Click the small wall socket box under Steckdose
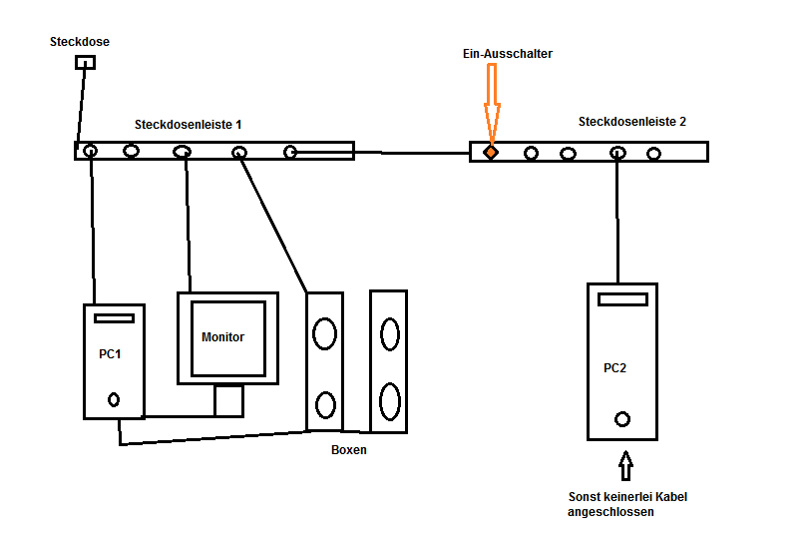click(x=86, y=62)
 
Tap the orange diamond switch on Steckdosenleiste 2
click(x=491, y=153)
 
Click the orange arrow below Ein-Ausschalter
click(x=491, y=100)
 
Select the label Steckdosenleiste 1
click(x=189, y=125)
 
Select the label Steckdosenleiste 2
click(x=632, y=122)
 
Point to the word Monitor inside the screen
click(x=222, y=337)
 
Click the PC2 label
click(x=615, y=368)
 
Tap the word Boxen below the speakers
click(x=349, y=450)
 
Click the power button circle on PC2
click(x=623, y=419)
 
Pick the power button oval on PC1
click(x=114, y=400)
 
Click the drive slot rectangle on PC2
click(x=622, y=298)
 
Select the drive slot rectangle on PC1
click(x=114, y=318)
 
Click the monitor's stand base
click(x=228, y=400)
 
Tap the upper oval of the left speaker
click(x=324, y=334)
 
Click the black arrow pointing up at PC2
click(x=625, y=465)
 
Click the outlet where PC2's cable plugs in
click(x=618, y=153)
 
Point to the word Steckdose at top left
click(x=80, y=42)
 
